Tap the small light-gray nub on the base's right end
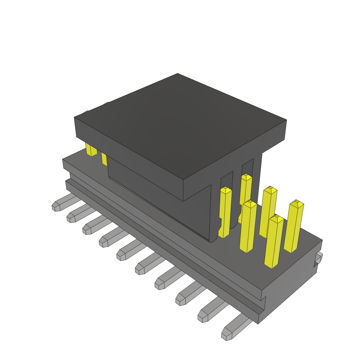tap(319, 258)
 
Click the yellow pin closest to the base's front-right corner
tap(273, 243)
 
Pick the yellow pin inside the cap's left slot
tap(225, 211)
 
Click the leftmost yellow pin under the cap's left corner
tap(91, 149)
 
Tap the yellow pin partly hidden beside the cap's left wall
tap(104, 158)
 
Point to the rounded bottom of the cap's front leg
tap(213, 239)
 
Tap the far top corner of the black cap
tap(178, 74)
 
